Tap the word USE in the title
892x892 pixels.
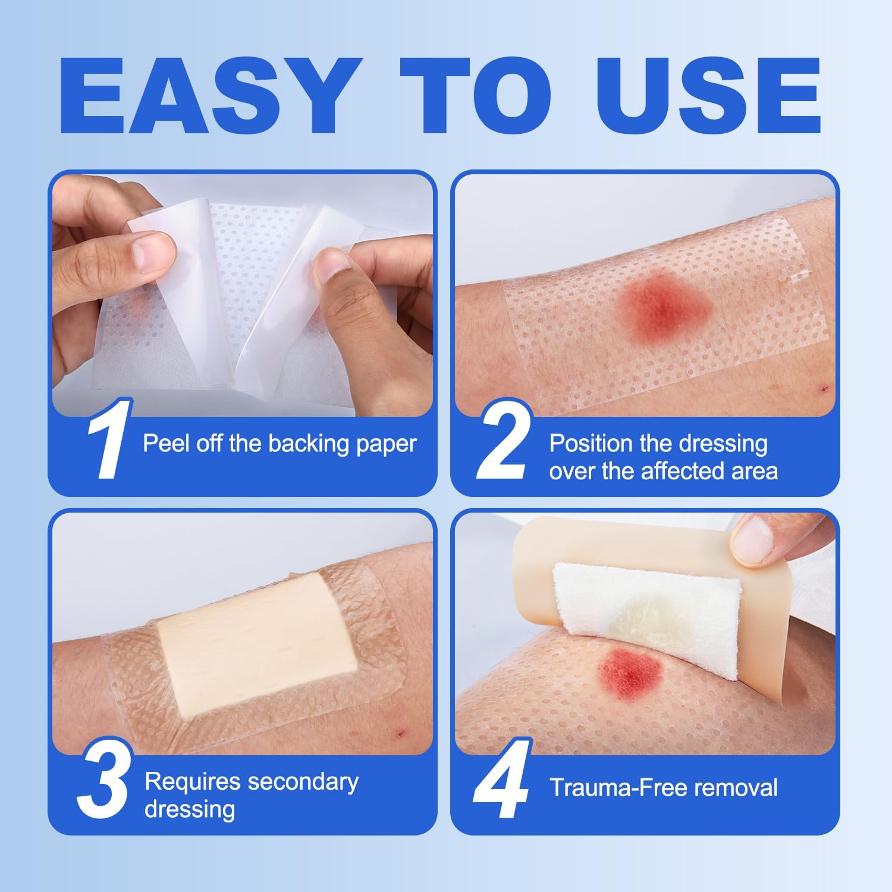point(708,98)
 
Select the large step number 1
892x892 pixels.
point(107,441)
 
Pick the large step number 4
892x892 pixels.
point(501,779)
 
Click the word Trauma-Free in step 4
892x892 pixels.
point(618,787)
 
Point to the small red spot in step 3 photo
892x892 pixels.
point(400,732)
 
